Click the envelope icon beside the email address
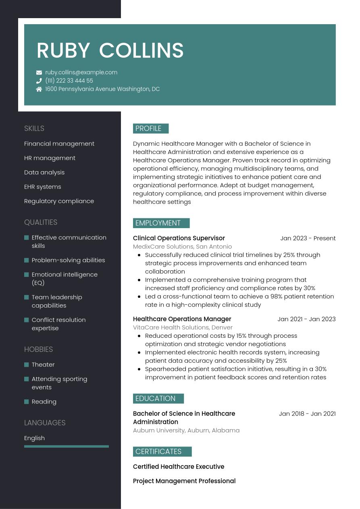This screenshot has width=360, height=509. pos(39,73)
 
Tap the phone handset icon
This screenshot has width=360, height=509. pos(39,81)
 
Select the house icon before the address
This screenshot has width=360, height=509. pos(39,89)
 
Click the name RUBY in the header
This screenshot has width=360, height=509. pos(63,51)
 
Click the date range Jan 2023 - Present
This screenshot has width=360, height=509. pos(308,238)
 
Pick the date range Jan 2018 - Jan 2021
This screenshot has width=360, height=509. pos(307,413)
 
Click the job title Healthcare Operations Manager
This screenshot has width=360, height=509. pos(182,319)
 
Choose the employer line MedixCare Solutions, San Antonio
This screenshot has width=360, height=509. pos(182,247)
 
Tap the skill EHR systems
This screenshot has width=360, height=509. pos(43,187)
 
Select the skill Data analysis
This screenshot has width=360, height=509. pos(44,172)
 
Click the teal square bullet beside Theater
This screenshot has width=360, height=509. pos(27,365)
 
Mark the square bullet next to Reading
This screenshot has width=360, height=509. pos(27,402)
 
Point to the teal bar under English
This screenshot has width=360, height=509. pos(67,446)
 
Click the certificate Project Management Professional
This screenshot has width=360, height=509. pos(184,481)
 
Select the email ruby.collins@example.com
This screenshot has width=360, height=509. pos(81,73)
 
